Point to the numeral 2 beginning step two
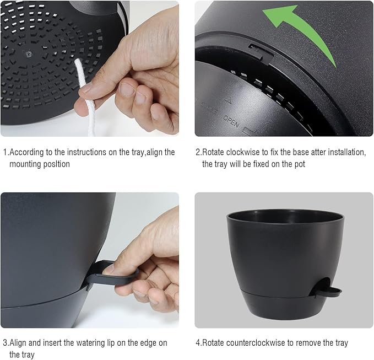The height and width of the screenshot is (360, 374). click(198, 152)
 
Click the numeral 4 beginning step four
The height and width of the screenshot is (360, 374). click(198, 342)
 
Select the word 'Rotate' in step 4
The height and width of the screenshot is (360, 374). click(215, 342)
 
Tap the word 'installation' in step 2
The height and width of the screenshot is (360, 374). click(342, 152)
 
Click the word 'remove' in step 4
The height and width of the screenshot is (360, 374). click(307, 342)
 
